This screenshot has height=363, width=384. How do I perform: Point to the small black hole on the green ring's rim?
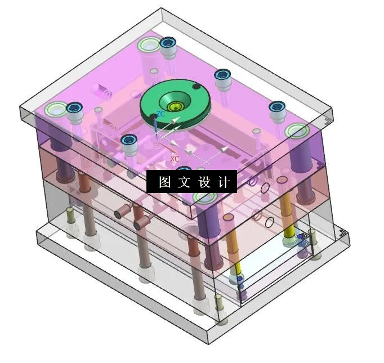click(x=196, y=87)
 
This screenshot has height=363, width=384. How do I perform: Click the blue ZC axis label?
click(x=160, y=114)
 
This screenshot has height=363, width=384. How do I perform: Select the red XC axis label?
click(x=174, y=159)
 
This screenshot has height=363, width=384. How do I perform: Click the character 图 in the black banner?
click(x=164, y=182)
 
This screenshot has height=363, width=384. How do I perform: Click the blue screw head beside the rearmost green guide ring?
click(x=167, y=43)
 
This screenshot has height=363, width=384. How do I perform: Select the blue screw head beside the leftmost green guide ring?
click(x=73, y=107)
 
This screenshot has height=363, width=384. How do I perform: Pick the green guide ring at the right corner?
click(x=296, y=132)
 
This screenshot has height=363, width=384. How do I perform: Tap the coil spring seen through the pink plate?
click(x=102, y=89)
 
